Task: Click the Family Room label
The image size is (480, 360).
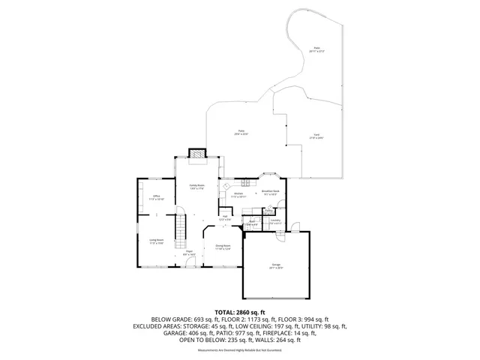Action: [196, 185]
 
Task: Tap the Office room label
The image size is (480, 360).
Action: [156, 199]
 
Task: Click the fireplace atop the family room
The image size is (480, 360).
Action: [196, 153]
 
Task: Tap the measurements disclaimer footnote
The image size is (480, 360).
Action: [239, 351]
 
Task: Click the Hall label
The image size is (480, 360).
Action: [225, 217]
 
